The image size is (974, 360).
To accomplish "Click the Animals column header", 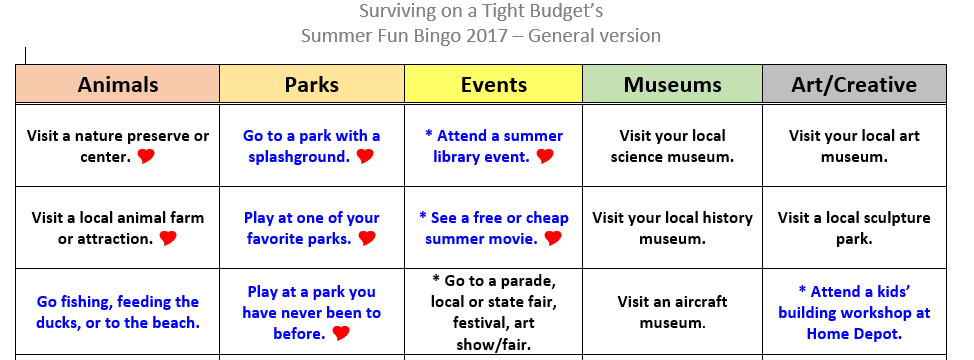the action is [117, 84].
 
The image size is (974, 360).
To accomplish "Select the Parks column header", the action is [312, 84].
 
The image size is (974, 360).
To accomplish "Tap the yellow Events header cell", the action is [494, 84].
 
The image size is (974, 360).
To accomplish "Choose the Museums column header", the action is [673, 84].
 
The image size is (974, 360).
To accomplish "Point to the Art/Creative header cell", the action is [854, 84].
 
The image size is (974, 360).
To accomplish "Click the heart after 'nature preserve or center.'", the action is [146, 156].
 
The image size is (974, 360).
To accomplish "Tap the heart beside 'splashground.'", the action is [365, 156].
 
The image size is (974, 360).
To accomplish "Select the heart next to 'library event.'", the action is [545, 156].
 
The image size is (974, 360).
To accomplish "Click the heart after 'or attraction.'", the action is [168, 238].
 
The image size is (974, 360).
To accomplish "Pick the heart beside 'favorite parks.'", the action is [367, 238].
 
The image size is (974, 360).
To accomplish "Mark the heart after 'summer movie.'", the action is [553, 238].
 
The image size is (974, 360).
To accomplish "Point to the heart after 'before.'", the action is [340, 334].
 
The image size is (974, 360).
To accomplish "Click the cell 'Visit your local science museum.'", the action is [673, 146].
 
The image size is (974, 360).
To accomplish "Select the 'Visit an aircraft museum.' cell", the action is [673, 312].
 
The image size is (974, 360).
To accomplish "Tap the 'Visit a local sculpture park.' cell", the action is [854, 228].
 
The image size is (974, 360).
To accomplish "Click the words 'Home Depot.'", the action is [854, 334].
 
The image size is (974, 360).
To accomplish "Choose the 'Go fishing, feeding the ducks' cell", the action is [117, 312].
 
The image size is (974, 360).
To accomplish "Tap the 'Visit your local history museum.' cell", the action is [673, 228].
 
